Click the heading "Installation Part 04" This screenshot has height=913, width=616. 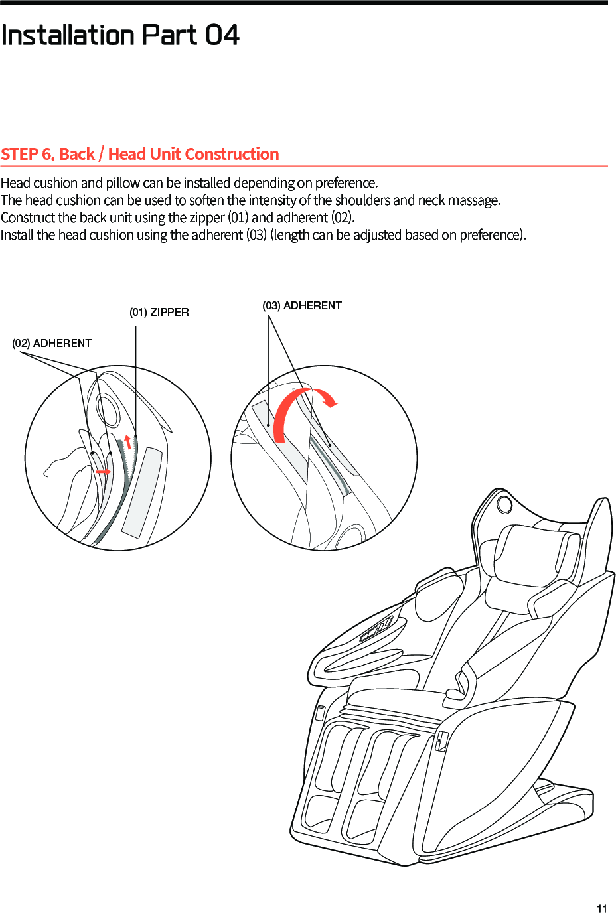120,35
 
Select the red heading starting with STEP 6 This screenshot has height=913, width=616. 139,154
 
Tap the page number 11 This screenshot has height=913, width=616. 601,908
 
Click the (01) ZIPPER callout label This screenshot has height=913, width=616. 159,312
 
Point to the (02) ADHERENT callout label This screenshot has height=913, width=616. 52,343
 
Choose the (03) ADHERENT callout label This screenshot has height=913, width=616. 302,305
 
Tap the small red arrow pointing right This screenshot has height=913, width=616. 103,471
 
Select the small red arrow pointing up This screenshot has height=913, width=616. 128,442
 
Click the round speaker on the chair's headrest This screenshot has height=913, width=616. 504,504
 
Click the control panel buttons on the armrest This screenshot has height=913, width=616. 377,629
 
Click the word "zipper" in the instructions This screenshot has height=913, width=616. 206,218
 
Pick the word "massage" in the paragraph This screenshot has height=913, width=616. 475,200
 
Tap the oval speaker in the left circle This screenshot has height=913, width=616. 108,409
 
